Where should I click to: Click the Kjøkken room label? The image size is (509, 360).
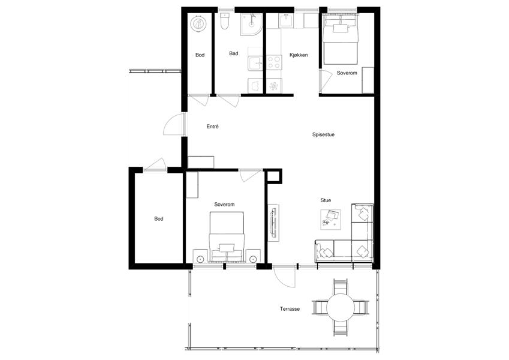point(299,55)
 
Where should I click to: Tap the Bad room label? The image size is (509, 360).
point(233,53)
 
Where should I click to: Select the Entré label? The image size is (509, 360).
point(212,127)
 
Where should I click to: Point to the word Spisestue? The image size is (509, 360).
point(323,134)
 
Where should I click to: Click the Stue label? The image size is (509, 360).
point(326,200)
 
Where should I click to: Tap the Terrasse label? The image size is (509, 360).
point(290,308)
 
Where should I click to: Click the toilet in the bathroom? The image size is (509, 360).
point(224,22)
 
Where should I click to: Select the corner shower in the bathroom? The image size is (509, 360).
point(251,24)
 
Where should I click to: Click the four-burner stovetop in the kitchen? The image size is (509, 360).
point(273,62)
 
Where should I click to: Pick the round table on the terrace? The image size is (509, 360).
point(341,307)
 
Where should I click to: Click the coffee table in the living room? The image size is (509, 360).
point(330,220)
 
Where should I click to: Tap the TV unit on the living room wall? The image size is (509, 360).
point(273,223)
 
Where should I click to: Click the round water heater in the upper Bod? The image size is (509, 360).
point(198,24)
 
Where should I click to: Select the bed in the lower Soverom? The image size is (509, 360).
point(226,236)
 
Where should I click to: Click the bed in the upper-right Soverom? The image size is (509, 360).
point(340,39)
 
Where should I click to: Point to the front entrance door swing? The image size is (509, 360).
point(174,124)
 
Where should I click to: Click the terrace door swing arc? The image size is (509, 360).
point(284,277)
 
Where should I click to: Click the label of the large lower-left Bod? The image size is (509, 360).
point(158,218)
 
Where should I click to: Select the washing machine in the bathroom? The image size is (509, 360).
point(255,85)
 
